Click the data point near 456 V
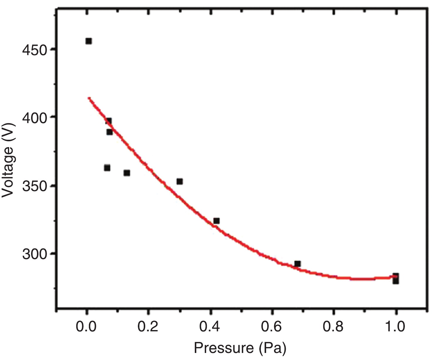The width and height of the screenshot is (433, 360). pos(89,41)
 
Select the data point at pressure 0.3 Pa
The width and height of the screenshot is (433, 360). pos(180,181)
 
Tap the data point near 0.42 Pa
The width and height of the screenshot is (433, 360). pos(216,221)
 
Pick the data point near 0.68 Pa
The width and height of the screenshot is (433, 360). pos(297,264)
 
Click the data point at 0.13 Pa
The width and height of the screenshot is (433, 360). pos(127,173)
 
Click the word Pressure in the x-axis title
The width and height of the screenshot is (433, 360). pos(224,348)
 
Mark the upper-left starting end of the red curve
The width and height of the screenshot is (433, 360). pos(89,98)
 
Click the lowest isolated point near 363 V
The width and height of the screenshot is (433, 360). pos(107,168)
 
